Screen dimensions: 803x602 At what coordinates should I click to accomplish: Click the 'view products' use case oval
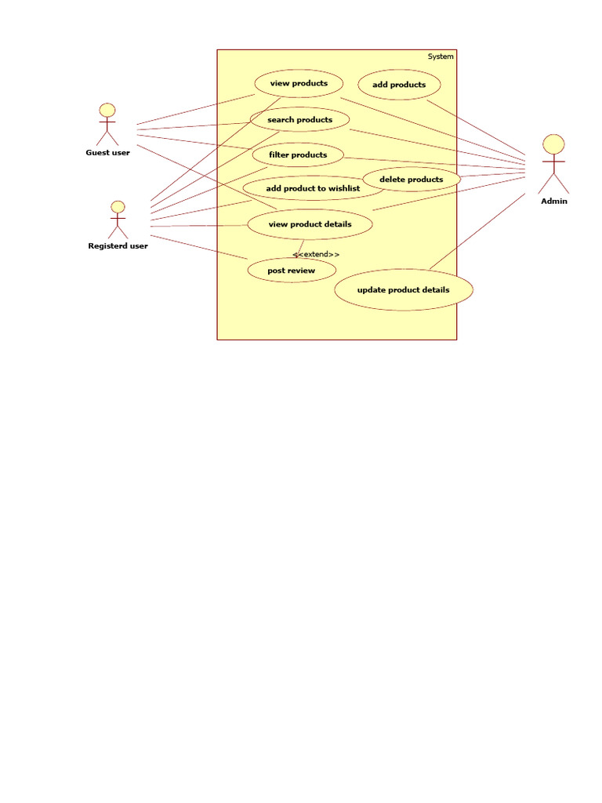(x=299, y=83)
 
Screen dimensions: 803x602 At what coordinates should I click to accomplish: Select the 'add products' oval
(x=399, y=85)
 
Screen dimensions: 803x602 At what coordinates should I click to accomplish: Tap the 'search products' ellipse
(x=299, y=119)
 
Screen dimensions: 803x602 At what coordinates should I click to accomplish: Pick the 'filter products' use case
(x=298, y=154)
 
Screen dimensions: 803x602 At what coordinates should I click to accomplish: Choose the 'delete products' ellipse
(x=412, y=180)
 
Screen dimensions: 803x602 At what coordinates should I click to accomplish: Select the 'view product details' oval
(x=310, y=224)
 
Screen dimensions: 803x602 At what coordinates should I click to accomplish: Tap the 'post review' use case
(x=292, y=271)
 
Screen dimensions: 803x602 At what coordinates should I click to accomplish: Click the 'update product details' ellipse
(x=404, y=290)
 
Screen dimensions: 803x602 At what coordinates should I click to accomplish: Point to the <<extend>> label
(x=316, y=254)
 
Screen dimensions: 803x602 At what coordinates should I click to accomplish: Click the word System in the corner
(x=441, y=56)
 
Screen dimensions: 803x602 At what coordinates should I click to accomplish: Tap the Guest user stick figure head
(x=107, y=111)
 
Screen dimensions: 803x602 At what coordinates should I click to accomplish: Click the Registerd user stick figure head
(x=118, y=207)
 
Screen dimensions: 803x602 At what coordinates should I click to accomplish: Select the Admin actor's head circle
(x=554, y=144)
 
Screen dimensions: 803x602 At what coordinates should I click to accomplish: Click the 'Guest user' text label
(x=108, y=152)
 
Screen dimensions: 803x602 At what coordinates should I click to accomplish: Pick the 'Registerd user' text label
(x=118, y=245)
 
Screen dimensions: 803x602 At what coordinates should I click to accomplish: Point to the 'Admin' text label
(x=554, y=201)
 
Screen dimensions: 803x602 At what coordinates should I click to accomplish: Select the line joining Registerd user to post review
(x=200, y=247)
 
